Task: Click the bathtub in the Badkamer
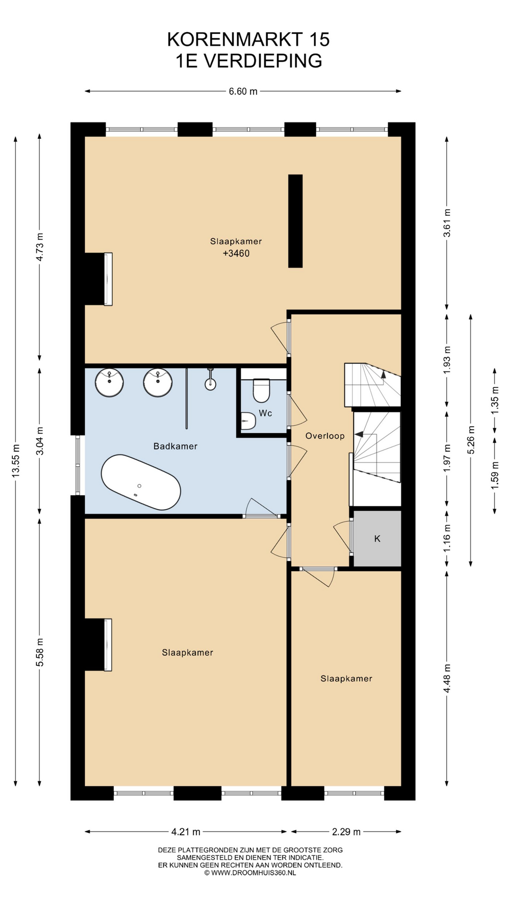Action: point(141,482)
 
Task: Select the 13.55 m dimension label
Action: point(16,461)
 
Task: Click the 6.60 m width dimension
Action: point(243,91)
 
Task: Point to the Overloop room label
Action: point(325,436)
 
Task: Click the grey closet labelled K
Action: point(377,539)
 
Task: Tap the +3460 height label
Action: point(236,254)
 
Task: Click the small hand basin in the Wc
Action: point(247,420)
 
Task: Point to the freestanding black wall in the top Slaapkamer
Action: point(295,221)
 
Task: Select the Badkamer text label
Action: point(175,446)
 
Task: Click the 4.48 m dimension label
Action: point(447,678)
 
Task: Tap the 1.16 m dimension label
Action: point(447,538)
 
